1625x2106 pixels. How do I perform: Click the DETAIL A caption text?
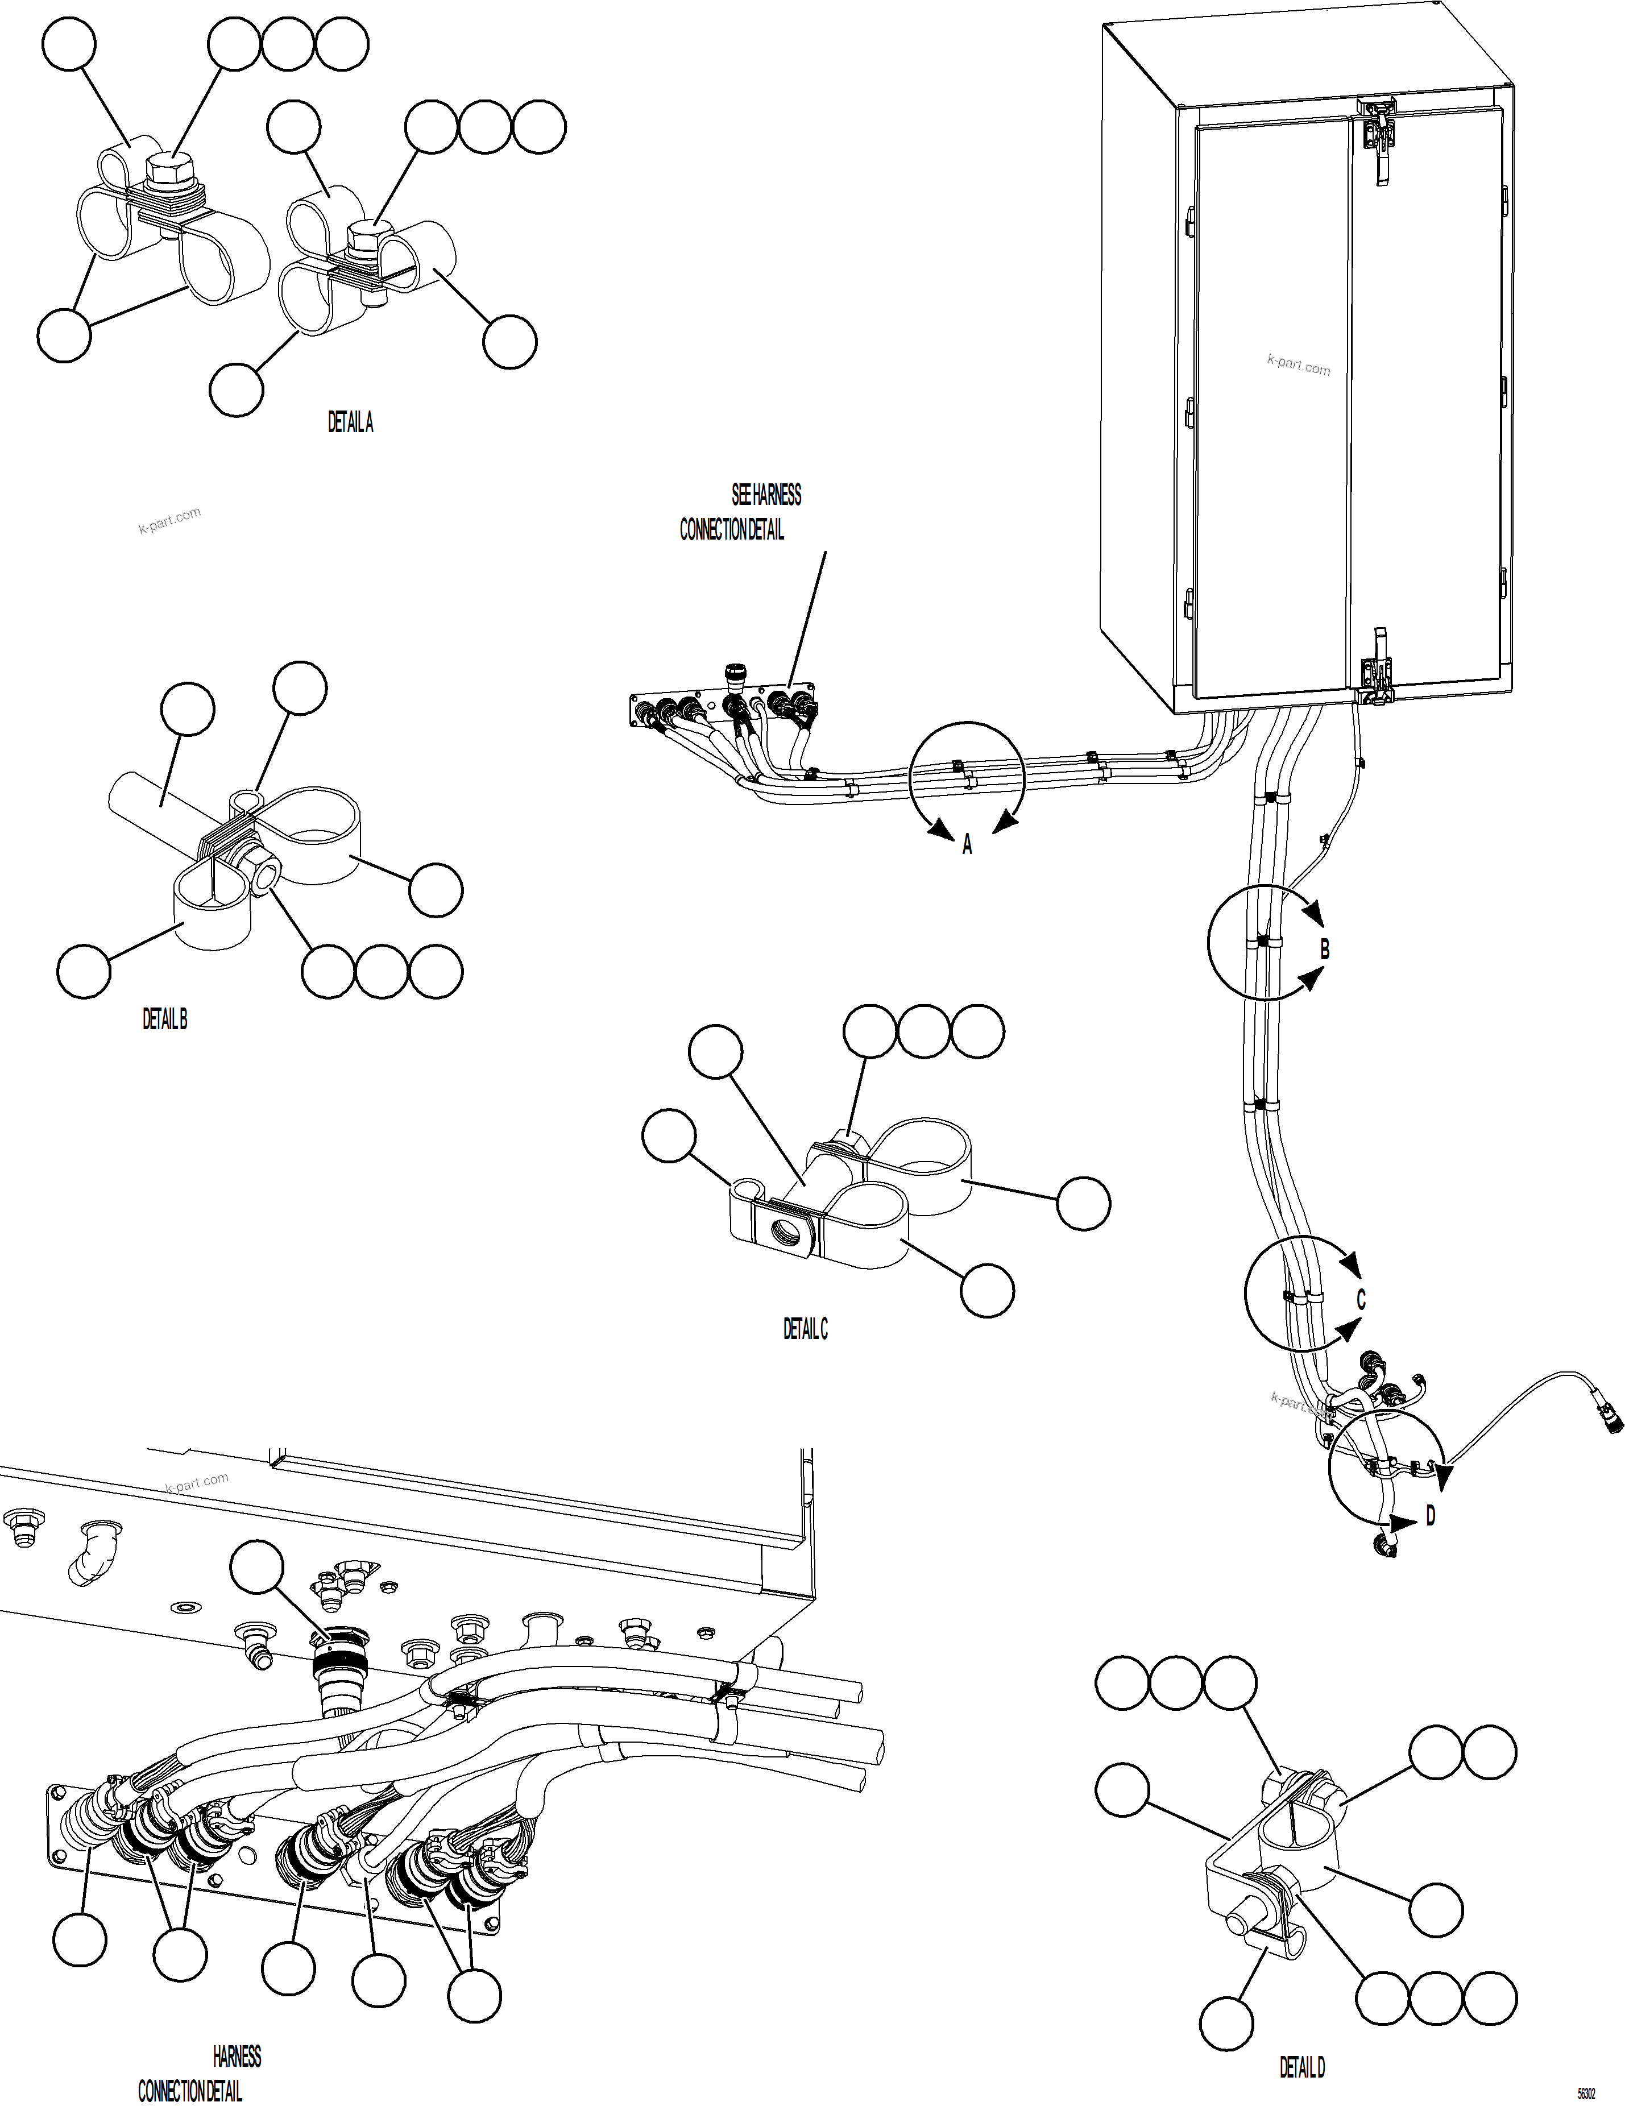[350, 422]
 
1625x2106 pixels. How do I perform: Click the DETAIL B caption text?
[165, 1018]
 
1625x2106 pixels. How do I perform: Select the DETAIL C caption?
[805, 1329]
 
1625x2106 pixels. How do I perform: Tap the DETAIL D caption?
[1302, 2066]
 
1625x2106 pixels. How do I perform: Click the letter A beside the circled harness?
[967, 845]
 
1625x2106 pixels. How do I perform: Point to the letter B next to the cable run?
[1324, 950]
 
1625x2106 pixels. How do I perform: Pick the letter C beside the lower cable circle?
[1361, 1300]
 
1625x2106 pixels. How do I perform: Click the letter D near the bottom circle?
[1430, 1517]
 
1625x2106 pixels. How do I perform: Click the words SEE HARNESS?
[766, 495]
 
